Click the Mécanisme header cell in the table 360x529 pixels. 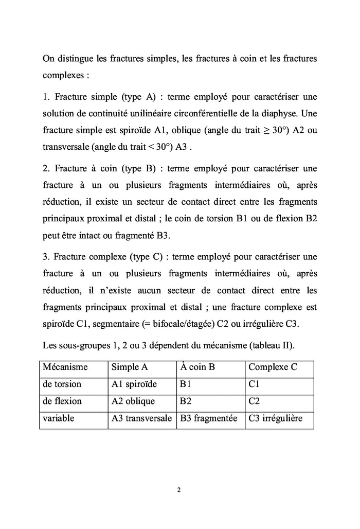click(65, 367)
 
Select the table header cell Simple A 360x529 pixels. click(130, 367)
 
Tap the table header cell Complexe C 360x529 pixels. click(273, 367)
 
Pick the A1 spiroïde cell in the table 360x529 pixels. click(134, 384)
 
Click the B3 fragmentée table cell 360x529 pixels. click(208, 418)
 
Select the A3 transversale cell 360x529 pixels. click(141, 418)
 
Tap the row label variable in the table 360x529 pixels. click(58, 418)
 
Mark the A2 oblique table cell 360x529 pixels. click(133, 401)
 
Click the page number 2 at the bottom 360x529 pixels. click(178, 489)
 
